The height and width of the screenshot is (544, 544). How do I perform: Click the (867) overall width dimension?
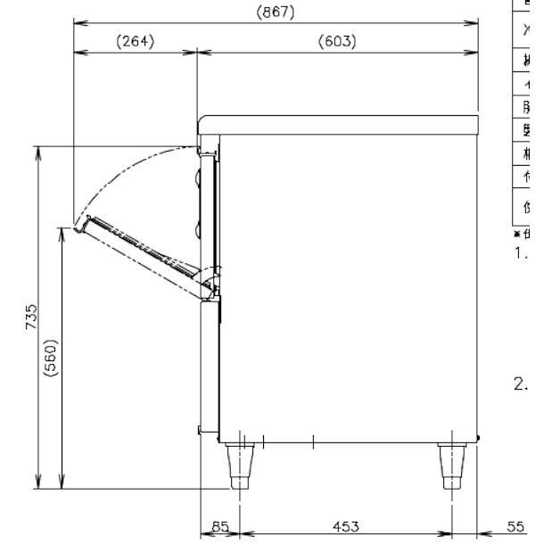point(275,12)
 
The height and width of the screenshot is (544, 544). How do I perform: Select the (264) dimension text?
point(135,41)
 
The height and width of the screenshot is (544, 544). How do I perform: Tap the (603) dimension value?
point(337,41)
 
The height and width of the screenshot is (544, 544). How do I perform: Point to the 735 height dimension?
point(31,317)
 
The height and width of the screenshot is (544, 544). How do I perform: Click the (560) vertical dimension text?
point(53,359)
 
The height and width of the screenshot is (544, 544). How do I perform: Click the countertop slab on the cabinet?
point(339,124)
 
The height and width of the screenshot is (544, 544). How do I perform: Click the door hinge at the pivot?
point(210,283)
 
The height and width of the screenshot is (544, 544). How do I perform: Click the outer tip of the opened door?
point(79,227)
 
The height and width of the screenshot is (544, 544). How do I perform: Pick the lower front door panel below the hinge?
point(208,366)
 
